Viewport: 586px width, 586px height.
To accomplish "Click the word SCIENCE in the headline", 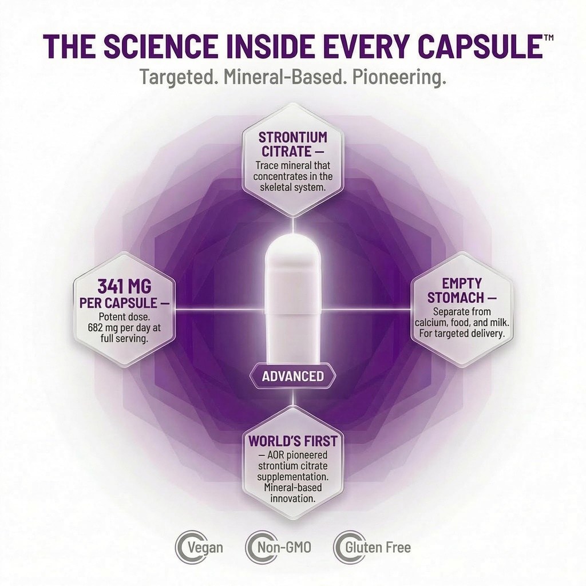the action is [x=160, y=46].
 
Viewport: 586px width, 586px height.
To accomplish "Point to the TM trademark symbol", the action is [x=549, y=38].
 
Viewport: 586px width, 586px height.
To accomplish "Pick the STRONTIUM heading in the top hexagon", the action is [x=292, y=137].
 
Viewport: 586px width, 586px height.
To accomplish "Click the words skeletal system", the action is [x=292, y=187].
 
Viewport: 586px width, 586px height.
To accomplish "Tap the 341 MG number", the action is [x=124, y=287].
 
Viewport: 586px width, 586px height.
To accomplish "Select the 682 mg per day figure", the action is [x=124, y=328].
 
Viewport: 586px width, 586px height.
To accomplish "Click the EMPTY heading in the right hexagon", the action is [x=462, y=283].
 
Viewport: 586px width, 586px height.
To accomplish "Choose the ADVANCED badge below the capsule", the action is [x=292, y=375].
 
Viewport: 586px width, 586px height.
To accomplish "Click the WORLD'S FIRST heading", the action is [x=292, y=441].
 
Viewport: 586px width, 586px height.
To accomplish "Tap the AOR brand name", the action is [x=277, y=455].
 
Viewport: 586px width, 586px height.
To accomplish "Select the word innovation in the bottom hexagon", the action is [x=292, y=498].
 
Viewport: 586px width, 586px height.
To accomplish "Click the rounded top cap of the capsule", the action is [x=292, y=251].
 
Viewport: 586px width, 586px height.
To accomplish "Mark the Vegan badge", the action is [x=199, y=548].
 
